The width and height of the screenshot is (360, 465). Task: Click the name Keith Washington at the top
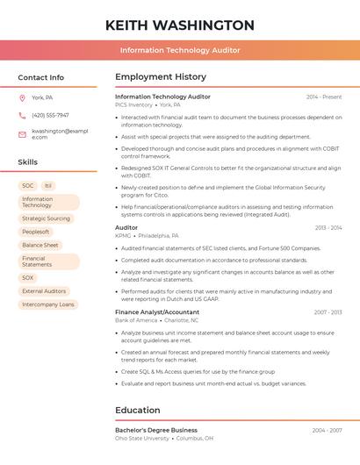[x=179, y=25]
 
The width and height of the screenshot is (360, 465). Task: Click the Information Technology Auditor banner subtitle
[x=179, y=50]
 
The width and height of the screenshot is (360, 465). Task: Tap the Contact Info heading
[x=40, y=77]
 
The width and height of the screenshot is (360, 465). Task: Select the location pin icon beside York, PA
[x=22, y=97]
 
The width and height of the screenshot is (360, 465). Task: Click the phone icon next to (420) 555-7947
[x=22, y=115]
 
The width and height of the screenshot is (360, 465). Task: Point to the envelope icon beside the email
[x=22, y=134]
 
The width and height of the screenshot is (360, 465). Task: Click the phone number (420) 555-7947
[x=50, y=115]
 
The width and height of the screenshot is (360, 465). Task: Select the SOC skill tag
[x=28, y=186]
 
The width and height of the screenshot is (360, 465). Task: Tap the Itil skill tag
[x=48, y=186]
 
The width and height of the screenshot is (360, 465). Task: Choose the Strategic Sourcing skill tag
[x=46, y=218]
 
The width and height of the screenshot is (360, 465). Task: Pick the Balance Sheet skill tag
[x=40, y=245]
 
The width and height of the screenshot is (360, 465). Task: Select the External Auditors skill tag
[x=44, y=291]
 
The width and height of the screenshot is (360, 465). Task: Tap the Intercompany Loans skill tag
[x=48, y=304]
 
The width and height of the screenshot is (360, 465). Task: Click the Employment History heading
[x=160, y=77]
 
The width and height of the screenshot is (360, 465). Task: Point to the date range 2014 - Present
[x=324, y=97]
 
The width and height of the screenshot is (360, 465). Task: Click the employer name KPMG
[x=123, y=236]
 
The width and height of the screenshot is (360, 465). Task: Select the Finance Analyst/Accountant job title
[x=157, y=311]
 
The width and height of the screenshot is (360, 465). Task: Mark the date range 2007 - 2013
[x=328, y=311]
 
